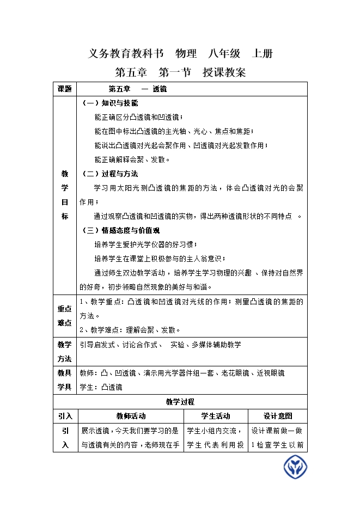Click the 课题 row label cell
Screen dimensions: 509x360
click(65, 89)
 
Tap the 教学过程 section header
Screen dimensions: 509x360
click(180, 402)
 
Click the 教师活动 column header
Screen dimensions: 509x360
click(131, 416)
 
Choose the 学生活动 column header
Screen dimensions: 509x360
click(216, 416)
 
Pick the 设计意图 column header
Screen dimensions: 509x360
click(278, 416)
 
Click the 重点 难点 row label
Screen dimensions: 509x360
click(65, 316)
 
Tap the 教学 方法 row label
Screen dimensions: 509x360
click(65, 352)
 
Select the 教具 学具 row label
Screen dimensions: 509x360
click(65, 380)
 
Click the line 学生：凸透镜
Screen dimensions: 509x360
click(101, 388)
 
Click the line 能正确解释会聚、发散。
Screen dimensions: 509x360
click(132, 160)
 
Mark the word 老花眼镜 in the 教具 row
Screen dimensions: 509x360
click(235, 373)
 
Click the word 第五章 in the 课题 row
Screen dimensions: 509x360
click(119, 89)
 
